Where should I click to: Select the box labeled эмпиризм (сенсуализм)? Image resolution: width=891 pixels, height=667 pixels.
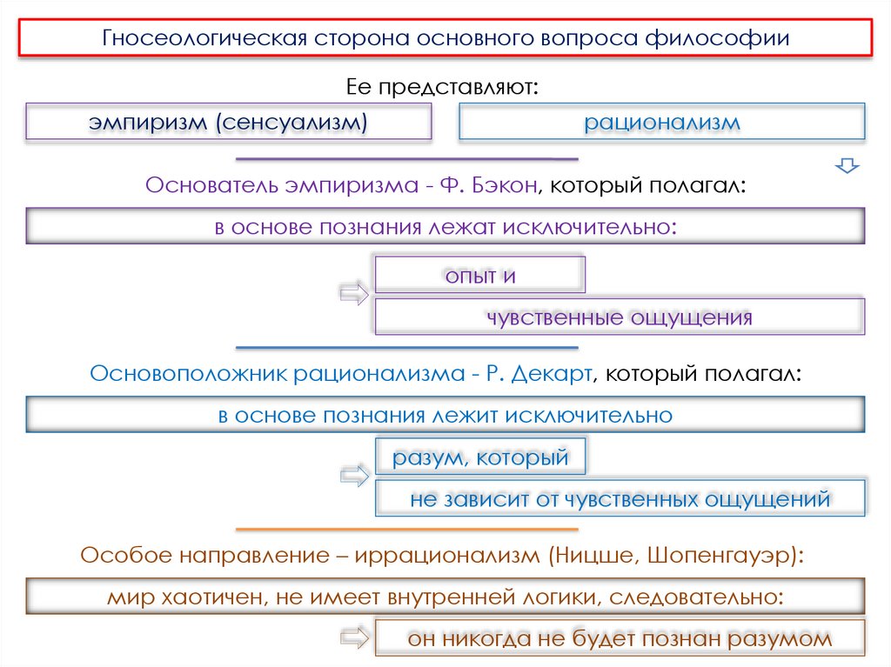click(x=228, y=123)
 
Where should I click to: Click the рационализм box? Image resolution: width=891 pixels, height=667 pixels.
click(x=661, y=123)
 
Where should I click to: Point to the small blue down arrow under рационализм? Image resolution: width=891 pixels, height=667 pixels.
click(x=846, y=165)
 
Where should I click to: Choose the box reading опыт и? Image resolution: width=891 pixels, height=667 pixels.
click(x=479, y=276)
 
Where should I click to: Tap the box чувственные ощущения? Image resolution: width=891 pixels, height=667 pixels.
click(x=619, y=317)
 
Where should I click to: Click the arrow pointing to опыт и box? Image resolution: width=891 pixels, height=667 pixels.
click(x=354, y=294)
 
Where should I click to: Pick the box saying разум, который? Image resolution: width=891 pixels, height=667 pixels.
click(x=479, y=457)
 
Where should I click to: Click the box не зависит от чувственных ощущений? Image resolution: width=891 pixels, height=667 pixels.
click(x=620, y=499)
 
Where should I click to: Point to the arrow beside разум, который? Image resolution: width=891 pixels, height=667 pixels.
click(x=354, y=477)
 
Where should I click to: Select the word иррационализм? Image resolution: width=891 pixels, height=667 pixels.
click(x=446, y=557)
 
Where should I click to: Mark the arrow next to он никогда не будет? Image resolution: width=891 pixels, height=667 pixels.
click(x=354, y=640)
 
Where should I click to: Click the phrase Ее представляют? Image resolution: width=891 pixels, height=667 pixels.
click(x=444, y=87)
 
